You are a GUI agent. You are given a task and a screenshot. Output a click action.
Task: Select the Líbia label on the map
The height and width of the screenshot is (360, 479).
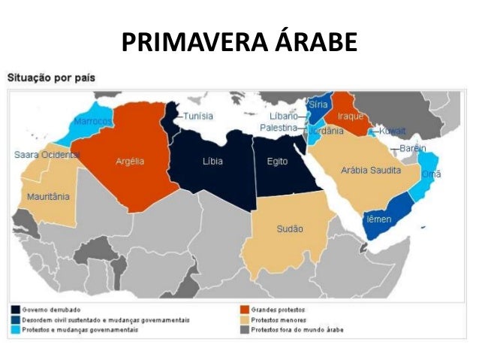coord(212,162)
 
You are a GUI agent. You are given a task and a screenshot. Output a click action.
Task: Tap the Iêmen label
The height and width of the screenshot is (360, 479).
coord(377,219)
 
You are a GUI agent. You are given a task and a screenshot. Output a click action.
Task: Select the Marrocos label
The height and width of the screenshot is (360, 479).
coord(92,122)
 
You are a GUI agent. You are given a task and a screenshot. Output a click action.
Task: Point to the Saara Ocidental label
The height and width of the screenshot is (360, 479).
coord(47,154)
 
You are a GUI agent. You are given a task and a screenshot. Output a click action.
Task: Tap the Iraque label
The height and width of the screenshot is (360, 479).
coord(351,116)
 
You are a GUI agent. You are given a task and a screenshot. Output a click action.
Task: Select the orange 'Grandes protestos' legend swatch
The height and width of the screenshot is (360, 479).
coord(245,309)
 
